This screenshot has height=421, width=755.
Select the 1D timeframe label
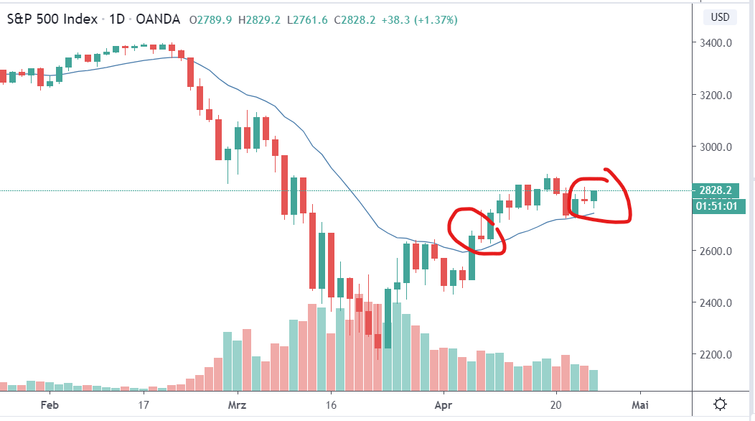point(118,19)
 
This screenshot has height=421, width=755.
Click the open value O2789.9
point(210,19)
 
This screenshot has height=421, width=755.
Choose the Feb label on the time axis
point(49,404)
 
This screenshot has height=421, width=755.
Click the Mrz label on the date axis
point(237,404)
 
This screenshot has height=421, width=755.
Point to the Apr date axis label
point(444,404)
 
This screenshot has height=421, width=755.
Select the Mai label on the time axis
point(640,404)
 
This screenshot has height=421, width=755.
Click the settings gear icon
point(721,404)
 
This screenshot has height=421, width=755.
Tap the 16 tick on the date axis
point(330,404)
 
